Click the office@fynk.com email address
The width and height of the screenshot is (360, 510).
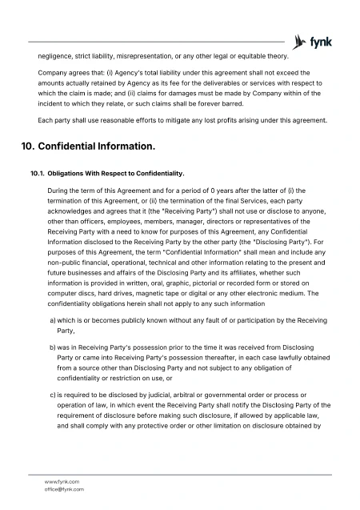pyautogui.click(x=64, y=488)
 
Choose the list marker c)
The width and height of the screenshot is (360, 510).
pyautogui.click(x=53, y=396)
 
